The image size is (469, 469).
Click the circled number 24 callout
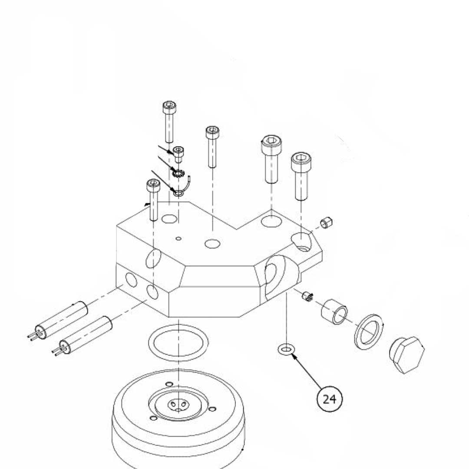330,398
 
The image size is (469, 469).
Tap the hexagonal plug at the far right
406,354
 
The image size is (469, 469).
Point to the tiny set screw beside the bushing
307,297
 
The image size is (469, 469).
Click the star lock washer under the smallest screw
178,174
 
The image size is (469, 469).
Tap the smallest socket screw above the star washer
178,154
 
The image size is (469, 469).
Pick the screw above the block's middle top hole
212,145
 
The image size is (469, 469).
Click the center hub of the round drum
178,404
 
